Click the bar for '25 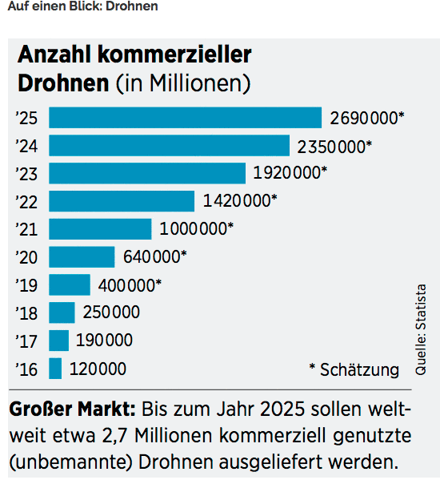pyautogui.click(x=185, y=118)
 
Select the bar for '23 pyautogui.click(x=147, y=173)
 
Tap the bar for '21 pyautogui.click(x=100, y=228)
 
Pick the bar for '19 pyautogui.click(x=70, y=284)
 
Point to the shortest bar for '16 pyautogui.click(x=55, y=369)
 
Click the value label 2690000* pyautogui.click(x=367, y=118)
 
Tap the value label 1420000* pyautogui.click(x=240, y=201)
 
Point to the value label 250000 pyautogui.click(x=112, y=313)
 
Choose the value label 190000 pyautogui.click(x=104, y=341)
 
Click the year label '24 pyautogui.click(x=26, y=146)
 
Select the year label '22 pyautogui.click(x=26, y=201)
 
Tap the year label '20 pyautogui.click(x=26, y=256)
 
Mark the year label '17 pyautogui.click(x=26, y=341)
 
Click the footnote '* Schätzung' pyautogui.click(x=353, y=369)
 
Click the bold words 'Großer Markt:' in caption pyautogui.click(x=72, y=410)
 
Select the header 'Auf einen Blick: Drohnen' pyautogui.click(x=82, y=6)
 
